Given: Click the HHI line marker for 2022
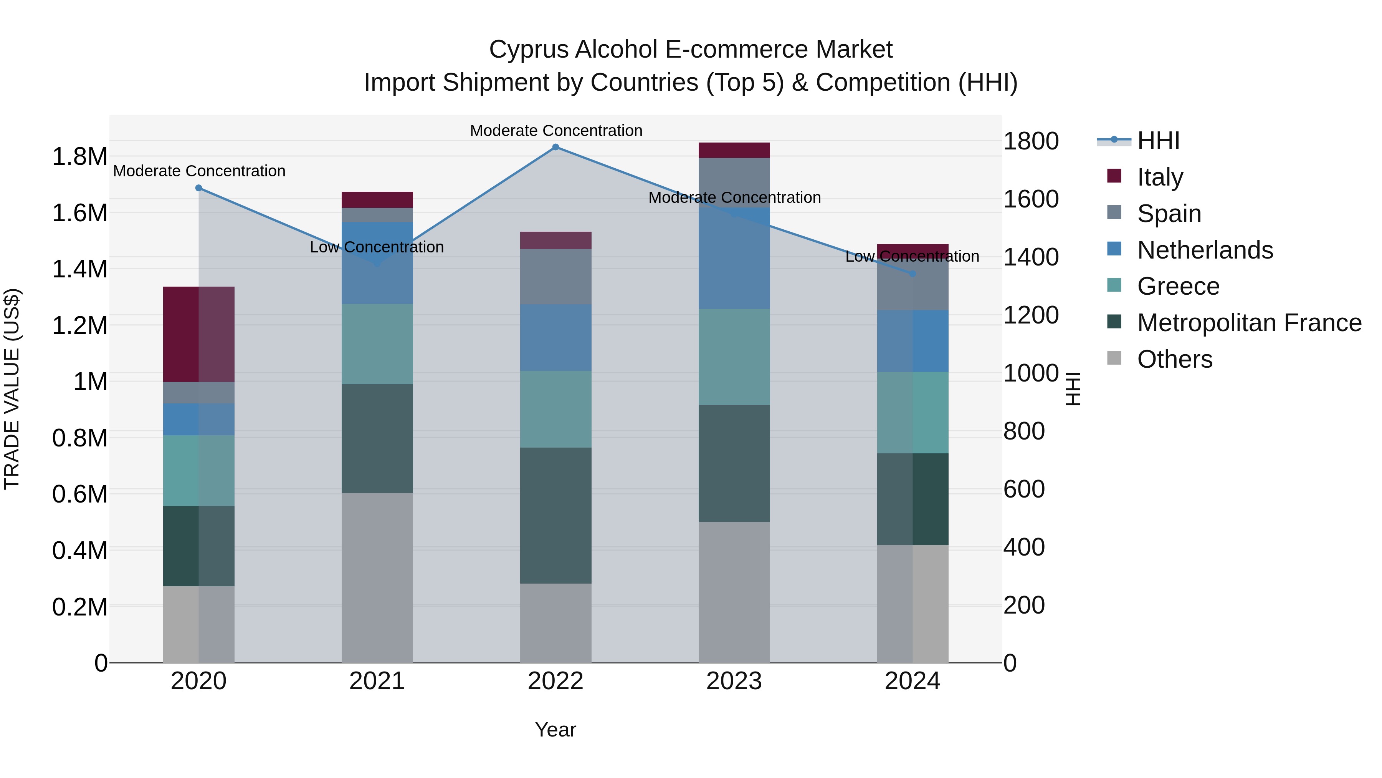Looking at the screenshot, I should pyautogui.click(x=556, y=147).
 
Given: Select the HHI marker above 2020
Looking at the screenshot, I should pyautogui.click(x=198, y=188).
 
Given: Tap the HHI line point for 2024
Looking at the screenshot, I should pyautogui.click(x=913, y=274).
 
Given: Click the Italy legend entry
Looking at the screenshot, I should pyautogui.click(x=1159, y=177).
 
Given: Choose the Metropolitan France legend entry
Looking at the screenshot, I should pyautogui.click(x=1249, y=323).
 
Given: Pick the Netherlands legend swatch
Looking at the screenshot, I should pyautogui.click(x=1114, y=249).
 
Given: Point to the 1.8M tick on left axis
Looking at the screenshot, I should pyautogui.click(x=79, y=157).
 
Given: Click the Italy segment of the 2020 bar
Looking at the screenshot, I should pyautogui.click(x=198, y=335).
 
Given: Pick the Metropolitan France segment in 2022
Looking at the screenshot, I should pyautogui.click(x=556, y=516).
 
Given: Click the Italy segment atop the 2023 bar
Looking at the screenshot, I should pyautogui.click(x=734, y=150).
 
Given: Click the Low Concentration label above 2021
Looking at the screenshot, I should pyautogui.click(x=377, y=247).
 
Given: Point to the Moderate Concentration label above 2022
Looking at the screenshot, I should pyautogui.click(x=556, y=131).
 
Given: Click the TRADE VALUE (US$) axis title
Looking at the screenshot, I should pyautogui.click(x=12, y=389).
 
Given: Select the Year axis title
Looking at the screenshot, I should pyautogui.click(x=555, y=730).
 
